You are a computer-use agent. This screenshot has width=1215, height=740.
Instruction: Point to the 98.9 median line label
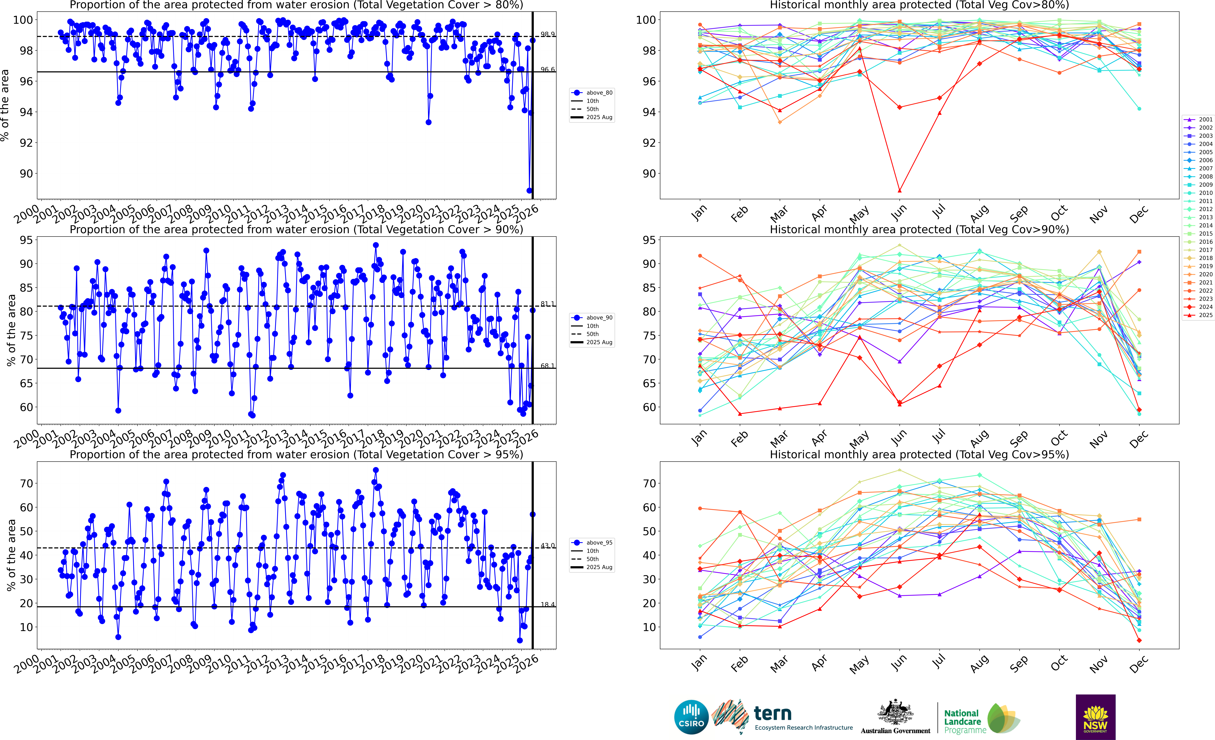[547, 34]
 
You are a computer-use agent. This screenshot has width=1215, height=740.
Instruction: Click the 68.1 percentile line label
[547, 366]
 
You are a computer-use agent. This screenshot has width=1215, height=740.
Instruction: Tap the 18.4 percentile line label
[547, 604]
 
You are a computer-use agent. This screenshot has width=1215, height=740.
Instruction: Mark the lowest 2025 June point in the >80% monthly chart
[899, 190]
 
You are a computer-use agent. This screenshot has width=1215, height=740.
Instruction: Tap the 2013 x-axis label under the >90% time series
[276, 436]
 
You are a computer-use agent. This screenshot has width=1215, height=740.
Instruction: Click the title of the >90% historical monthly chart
[919, 229]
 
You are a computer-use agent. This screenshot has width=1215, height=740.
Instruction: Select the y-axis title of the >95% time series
[11, 555]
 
